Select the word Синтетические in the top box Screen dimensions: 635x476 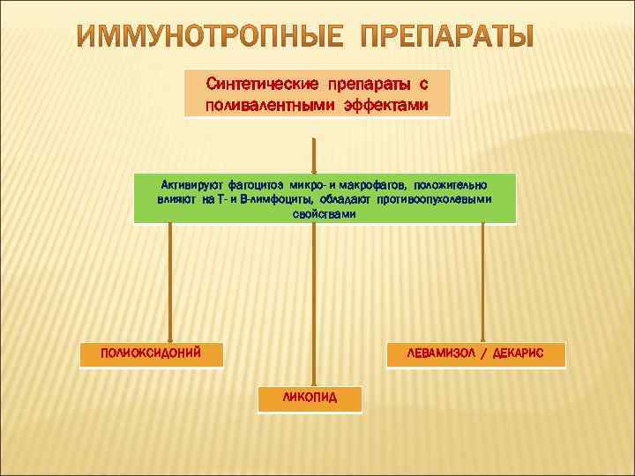pyautogui.click(x=263, y=85)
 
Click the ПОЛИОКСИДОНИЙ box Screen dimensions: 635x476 pyautogui.click(x=151, y=353)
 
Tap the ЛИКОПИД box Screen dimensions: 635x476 pyautogui.click(x=310, y=398)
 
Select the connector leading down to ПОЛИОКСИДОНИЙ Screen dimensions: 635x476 pyautogui.click(x=170, y=282)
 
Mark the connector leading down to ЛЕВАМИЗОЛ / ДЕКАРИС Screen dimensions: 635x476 pyautogui.click(x=482, y=282)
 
